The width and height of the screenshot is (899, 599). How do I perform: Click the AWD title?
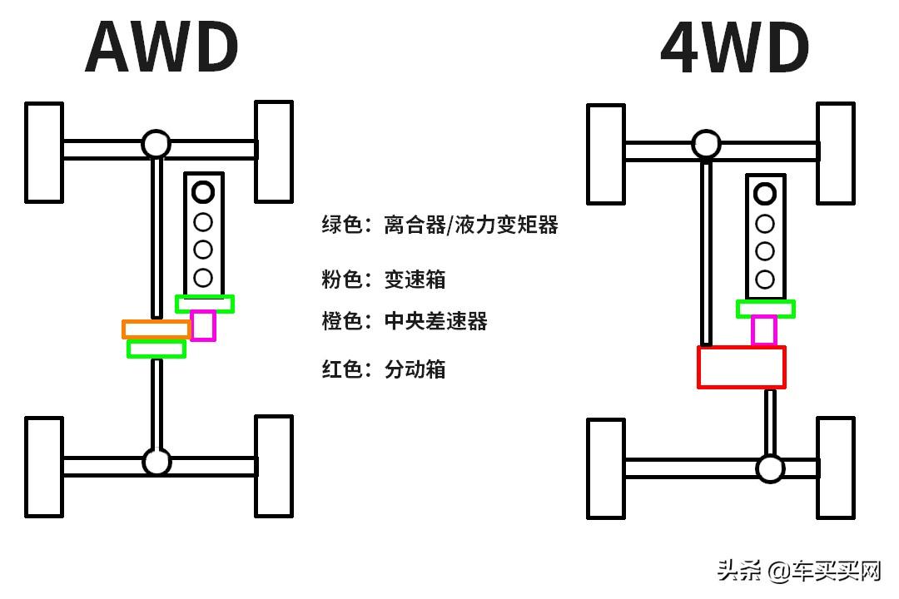161,47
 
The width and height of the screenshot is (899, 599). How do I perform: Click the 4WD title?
734,47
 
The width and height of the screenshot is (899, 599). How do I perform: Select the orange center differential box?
156,329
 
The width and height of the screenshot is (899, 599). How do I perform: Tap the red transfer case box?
741,367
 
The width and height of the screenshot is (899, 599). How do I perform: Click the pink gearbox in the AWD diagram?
203,325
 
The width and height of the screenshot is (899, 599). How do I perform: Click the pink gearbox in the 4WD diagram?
764,330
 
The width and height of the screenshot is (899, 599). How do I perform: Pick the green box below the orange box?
156,349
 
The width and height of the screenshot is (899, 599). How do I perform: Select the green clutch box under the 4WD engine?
766,309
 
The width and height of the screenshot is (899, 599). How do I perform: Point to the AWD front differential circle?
156,144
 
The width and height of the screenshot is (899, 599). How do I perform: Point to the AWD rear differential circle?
156,461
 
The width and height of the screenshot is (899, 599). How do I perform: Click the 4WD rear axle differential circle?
770,468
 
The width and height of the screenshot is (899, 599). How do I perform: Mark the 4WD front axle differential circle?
706,145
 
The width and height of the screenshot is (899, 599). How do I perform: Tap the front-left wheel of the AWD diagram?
44,152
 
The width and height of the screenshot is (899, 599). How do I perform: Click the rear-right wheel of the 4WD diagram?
835,468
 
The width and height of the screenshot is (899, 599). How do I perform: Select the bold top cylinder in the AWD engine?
203,192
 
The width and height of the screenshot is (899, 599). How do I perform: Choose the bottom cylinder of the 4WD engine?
765,280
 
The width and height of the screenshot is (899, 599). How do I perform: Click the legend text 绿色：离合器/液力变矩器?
440,225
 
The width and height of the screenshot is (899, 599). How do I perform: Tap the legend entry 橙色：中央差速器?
405,321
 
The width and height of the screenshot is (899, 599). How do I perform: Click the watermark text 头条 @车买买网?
798,572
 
